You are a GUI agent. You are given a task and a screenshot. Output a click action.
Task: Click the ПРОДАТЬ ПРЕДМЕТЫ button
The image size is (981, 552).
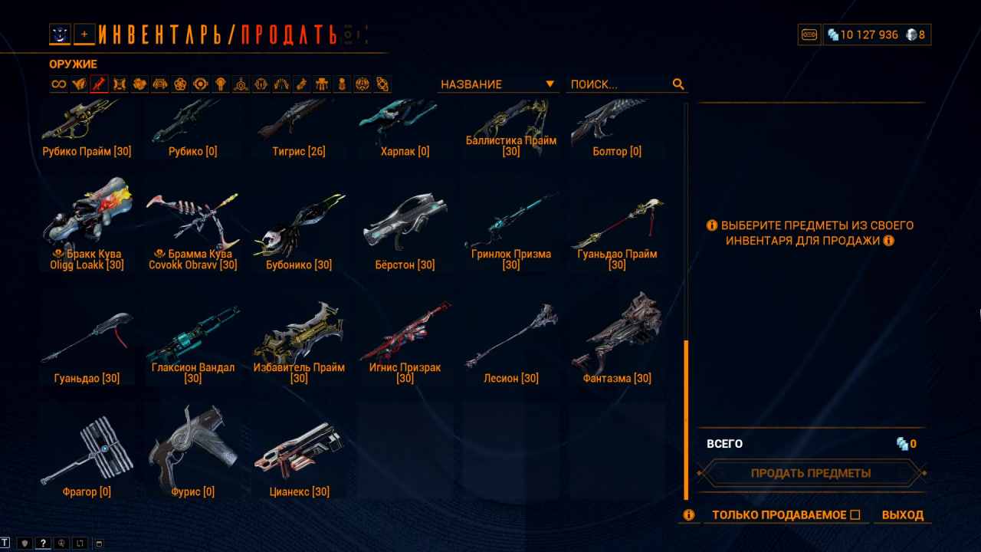click(x=811, y=473)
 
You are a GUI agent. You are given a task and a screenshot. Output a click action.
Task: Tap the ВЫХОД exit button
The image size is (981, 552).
click(x=903, y=514)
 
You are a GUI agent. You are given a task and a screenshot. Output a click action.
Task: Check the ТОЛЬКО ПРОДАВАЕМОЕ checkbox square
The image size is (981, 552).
click(x=855, y=514)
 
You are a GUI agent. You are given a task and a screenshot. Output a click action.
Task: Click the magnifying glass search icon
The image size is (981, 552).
click(x=678, y=84)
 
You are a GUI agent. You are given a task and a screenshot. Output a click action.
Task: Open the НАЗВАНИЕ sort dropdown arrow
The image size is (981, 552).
click(x=550, y=84)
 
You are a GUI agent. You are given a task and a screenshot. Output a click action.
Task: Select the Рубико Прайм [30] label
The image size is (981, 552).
click(x=87, y=152)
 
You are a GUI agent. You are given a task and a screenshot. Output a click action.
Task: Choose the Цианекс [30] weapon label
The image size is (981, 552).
click(x=299, y=491)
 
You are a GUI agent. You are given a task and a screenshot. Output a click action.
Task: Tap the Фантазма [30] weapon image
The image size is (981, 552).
click(x=618, y=333)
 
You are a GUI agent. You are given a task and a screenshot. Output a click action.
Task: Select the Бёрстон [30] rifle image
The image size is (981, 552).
click(x=405, y=222)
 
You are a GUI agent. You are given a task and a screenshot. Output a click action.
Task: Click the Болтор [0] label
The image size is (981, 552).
click(x=617, y=152)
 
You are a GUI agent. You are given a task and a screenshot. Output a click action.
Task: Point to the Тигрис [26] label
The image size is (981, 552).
click(x=299, y=152)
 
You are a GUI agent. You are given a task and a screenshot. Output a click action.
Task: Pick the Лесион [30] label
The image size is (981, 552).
click(x=511, y=378)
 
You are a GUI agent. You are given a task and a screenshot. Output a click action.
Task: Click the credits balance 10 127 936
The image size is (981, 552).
click(x=869, y=34)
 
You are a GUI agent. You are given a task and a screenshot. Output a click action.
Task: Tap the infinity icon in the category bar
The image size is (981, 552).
click(x=59, y=84)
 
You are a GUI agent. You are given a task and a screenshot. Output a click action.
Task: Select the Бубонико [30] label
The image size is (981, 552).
click(x=299, y=265)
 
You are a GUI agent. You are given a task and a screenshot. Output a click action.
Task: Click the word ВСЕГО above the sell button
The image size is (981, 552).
click(x=725, y=444)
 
